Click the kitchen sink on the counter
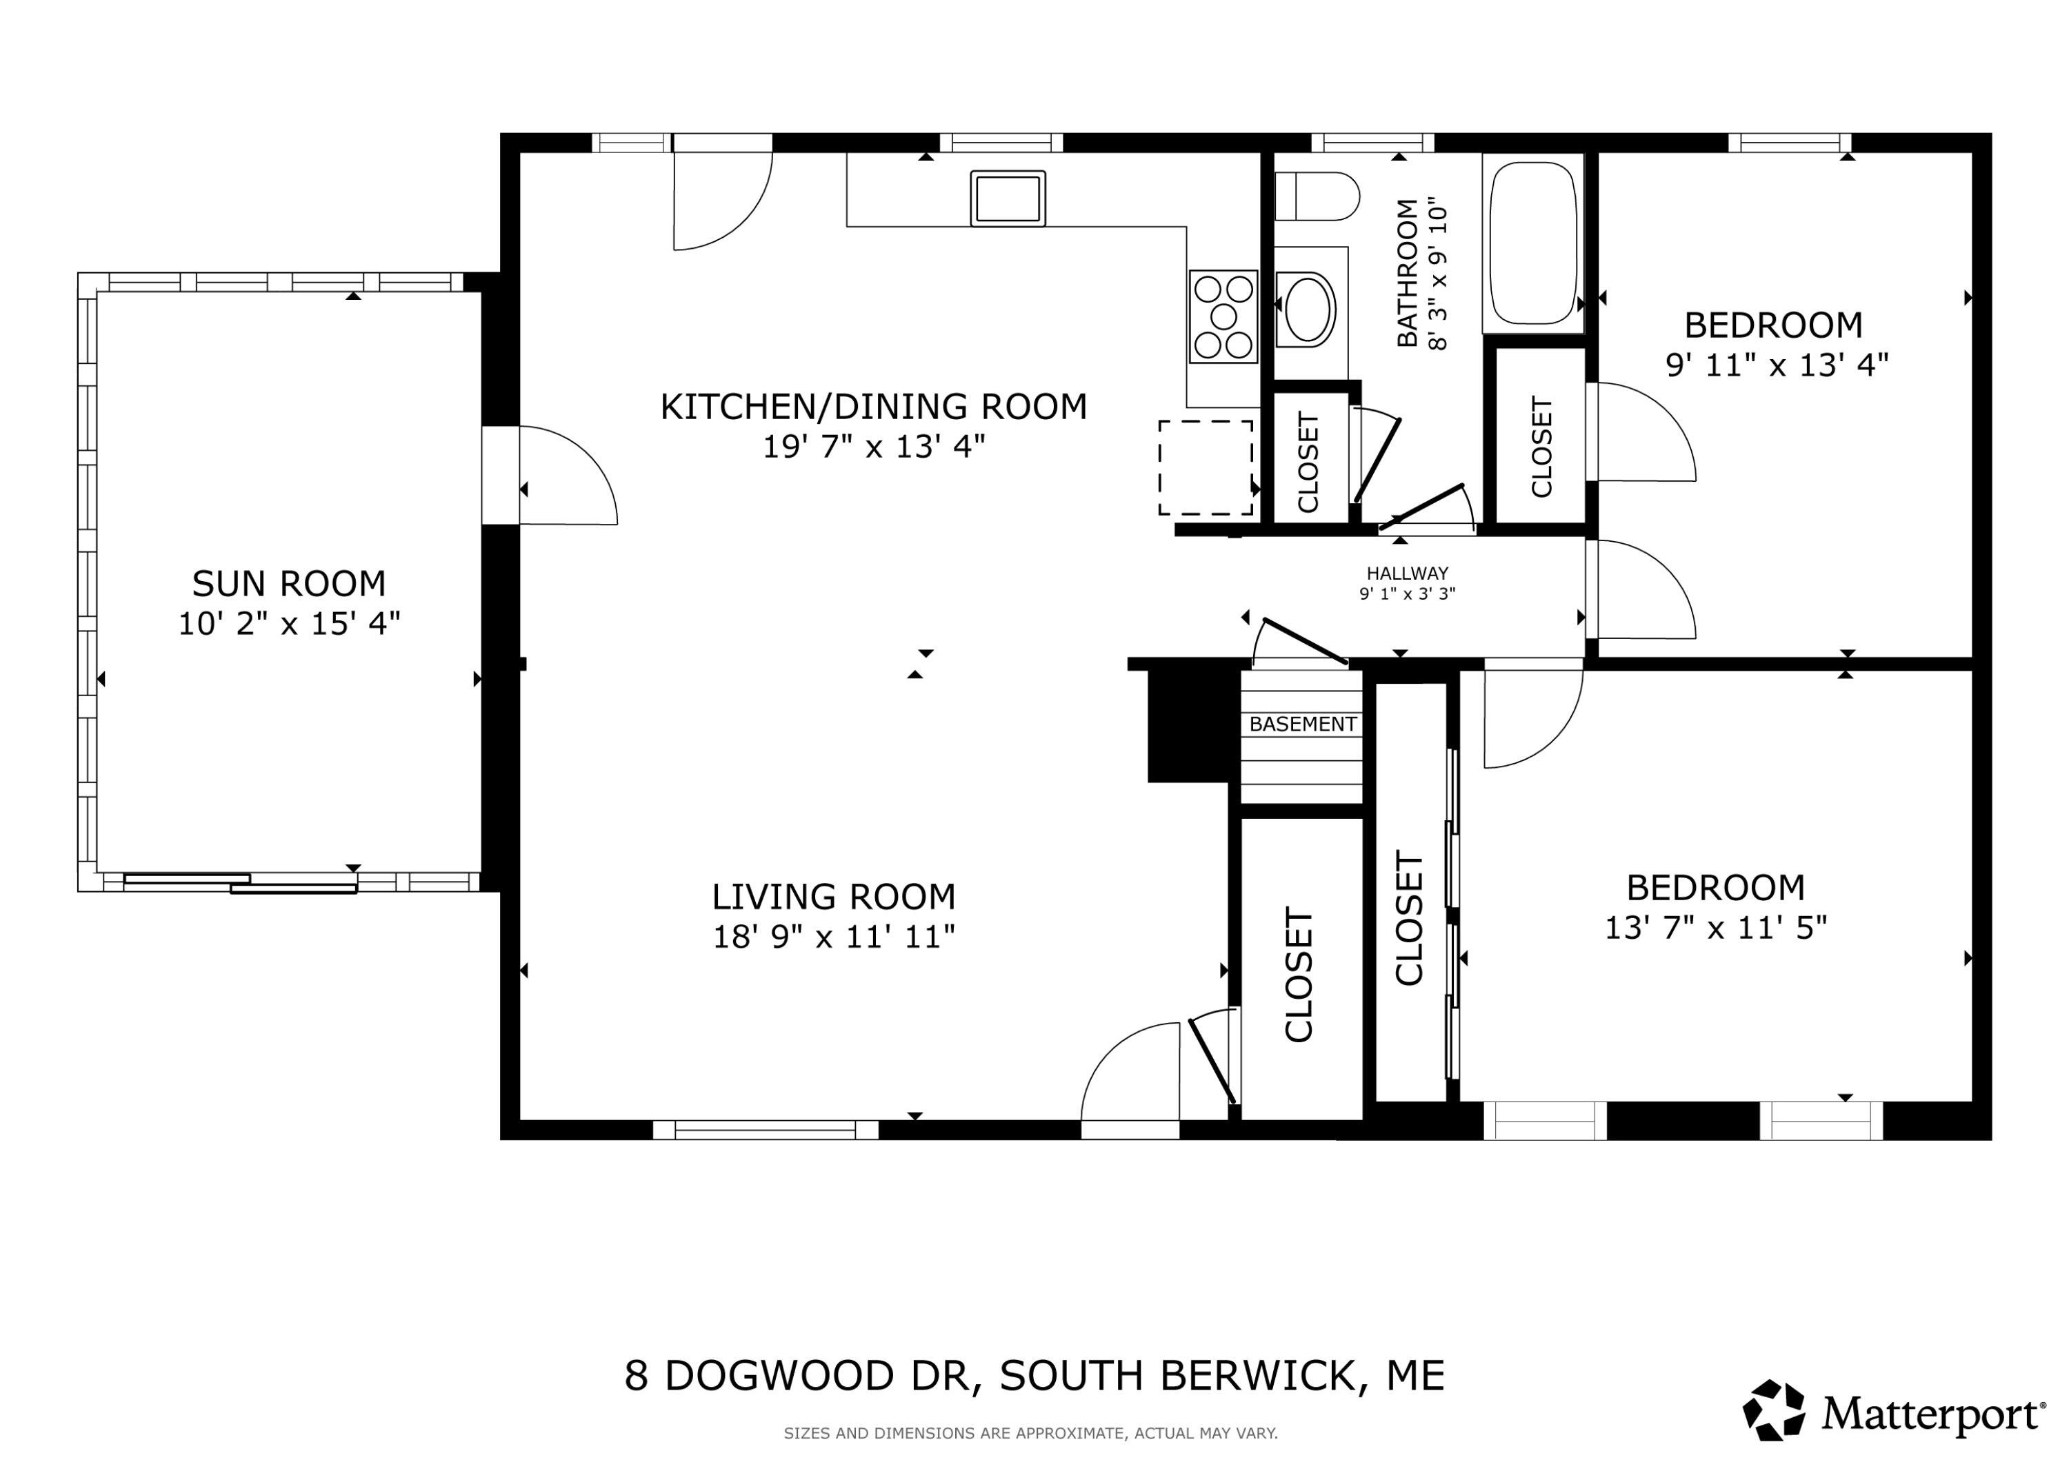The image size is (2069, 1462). coord(1008,199)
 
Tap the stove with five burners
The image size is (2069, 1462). coord(1223,316)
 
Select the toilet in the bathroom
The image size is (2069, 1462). coord(1317,196)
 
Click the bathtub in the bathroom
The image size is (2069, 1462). coord(1533,243)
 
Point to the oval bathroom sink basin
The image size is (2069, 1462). coord(1308,309)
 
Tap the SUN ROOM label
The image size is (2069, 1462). coord(289,584)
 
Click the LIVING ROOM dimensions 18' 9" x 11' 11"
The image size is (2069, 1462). coord(834,937)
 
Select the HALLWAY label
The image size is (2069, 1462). coord(1408,573)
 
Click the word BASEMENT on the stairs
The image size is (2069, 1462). coord(1303,724)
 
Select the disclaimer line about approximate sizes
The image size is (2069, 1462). coord(1031,1433)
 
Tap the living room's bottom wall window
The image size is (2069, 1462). coord(765,1130)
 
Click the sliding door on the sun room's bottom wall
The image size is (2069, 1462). coord(241,883)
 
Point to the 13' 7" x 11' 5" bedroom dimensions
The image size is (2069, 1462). coord(1716,928)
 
